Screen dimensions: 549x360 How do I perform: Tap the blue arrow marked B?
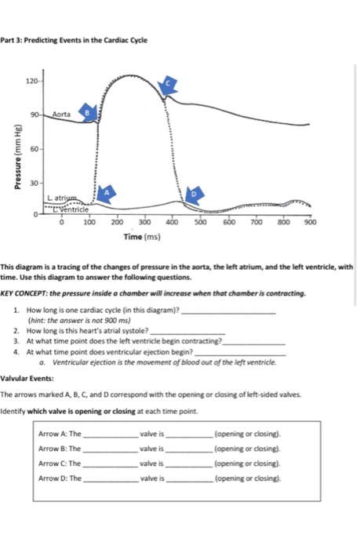[89, 114]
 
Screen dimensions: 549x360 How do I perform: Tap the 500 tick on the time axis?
[200, 223]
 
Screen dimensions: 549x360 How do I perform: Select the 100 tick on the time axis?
[89, 223]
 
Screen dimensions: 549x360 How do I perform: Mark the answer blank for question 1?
[227, 311]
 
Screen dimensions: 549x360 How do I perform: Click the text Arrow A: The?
[60, 433]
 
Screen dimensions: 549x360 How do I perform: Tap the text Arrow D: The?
[60, 478]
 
